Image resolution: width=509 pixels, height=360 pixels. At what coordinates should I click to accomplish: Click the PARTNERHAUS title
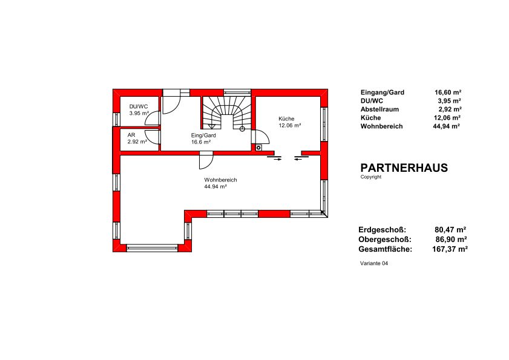(x=404, y=168)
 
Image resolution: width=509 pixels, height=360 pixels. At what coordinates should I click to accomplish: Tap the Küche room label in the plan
(x=286, y=119)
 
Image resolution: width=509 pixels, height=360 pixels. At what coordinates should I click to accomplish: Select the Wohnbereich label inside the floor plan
(x=220, y=180)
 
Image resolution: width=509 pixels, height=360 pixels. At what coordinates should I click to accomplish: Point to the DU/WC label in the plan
(x=139, y=106)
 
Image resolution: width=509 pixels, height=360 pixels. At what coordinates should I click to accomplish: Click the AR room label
(x=131, y=135)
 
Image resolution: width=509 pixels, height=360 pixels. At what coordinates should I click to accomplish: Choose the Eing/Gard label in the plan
(x=203, y=136)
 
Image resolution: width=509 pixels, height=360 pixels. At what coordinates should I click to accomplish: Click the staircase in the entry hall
(x=227, y=113)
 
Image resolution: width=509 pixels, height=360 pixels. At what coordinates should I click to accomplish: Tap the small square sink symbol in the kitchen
(x=258, y=148)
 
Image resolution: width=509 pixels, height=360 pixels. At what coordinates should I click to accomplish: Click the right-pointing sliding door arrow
(x=277, y=159)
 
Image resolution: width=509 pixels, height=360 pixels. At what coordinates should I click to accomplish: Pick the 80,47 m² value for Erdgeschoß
(x=450, y=230)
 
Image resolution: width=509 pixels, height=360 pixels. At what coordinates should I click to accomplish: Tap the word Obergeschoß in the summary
(x=385, y=240)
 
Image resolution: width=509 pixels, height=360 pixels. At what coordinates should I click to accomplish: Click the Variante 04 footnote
(x=374, y=263)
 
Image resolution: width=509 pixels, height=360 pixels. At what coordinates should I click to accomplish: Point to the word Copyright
(x=371, y=177)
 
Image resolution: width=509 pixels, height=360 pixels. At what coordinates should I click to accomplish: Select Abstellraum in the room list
(x=379, y=110)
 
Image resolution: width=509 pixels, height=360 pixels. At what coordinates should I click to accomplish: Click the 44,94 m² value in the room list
(x=446, y=126)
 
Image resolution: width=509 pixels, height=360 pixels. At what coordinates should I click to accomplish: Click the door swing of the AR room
(x=153, y=137)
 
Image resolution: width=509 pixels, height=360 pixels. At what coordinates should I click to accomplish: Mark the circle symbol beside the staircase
(x=242, y=128)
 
